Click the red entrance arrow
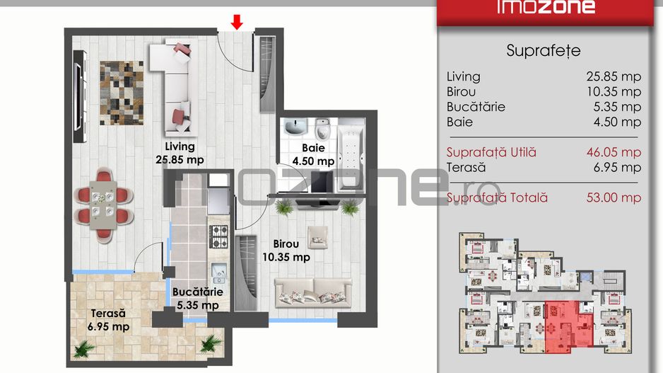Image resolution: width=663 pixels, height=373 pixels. click(237, 22)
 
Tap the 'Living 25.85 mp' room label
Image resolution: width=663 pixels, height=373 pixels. click(180, 153)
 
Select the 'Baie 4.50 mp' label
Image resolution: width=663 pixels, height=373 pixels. click(313, 154)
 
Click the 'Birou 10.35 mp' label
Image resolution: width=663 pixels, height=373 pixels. click(286, 251)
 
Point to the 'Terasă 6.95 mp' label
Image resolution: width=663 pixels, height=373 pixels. click(108, 320)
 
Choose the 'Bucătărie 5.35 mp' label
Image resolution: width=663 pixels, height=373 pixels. click(197, 299)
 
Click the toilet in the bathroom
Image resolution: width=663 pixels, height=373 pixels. click(323, 128)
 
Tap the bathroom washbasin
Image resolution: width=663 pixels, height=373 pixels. click(295, 127)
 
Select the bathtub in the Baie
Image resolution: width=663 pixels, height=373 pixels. click(351, 155)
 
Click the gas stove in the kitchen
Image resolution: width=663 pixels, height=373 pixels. click(219, 236)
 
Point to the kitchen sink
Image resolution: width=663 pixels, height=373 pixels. click(219, 273)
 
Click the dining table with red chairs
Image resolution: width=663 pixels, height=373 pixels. click(104, 205)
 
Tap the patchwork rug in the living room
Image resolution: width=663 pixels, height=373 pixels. click(122, 93)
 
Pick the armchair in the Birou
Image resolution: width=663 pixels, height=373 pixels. click(318, 237)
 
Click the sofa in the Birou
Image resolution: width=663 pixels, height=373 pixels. click(313, 292)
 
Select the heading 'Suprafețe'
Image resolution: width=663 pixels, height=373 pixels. click(544, 51)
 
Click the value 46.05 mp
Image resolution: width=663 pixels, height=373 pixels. click(614, 152)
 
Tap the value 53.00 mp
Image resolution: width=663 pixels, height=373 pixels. click(614, 197)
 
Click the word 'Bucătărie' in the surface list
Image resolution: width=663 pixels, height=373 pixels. click(476, 107)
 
